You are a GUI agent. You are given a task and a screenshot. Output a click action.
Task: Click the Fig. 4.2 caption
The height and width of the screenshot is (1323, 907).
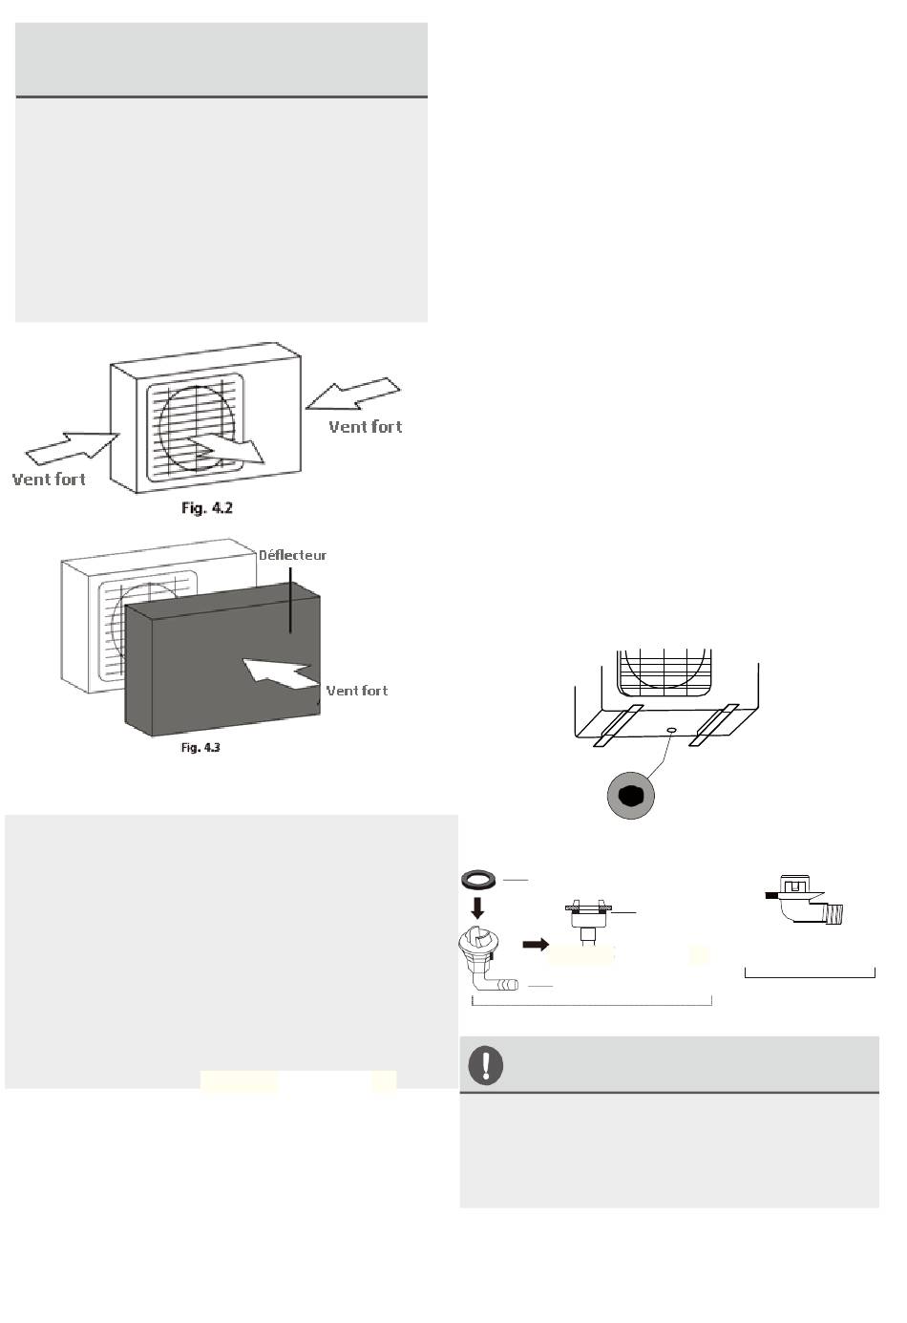coord(207,508)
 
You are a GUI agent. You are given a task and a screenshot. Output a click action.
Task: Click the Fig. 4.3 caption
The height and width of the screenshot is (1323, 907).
coord(200,747)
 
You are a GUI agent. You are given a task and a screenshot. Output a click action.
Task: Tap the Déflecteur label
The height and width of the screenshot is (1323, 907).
coord(293,555)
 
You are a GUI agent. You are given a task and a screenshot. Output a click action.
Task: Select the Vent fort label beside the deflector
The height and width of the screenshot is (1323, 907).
coord(357,691)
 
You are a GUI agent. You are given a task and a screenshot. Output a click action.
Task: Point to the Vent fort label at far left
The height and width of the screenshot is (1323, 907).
coord(49,479)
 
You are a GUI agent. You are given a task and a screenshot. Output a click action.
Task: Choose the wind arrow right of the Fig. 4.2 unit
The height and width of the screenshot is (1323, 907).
coord(354,395)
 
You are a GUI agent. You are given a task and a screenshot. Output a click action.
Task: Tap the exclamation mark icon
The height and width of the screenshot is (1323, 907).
coord(487,1064)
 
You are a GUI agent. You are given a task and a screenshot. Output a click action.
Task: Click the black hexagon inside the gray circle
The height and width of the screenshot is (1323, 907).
coord(630,795)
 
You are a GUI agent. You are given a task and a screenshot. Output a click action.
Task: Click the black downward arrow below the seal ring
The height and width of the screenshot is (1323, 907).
coord(477,907)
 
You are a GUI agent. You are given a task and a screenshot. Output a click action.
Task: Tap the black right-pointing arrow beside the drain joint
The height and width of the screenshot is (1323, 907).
coord(536,945)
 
